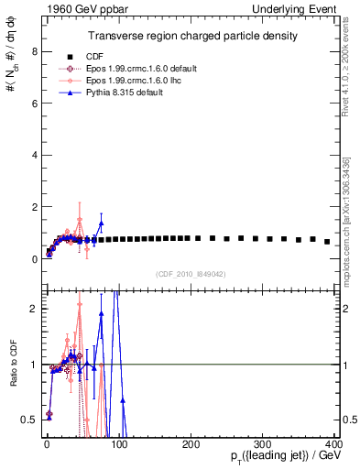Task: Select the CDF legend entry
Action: tap(103, 57)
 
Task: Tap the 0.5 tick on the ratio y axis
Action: tap(27, 420)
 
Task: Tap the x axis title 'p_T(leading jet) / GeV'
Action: tap(280, 458)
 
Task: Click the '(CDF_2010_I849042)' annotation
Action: tap(191, 272)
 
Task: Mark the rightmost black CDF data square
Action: tap(327, 242)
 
